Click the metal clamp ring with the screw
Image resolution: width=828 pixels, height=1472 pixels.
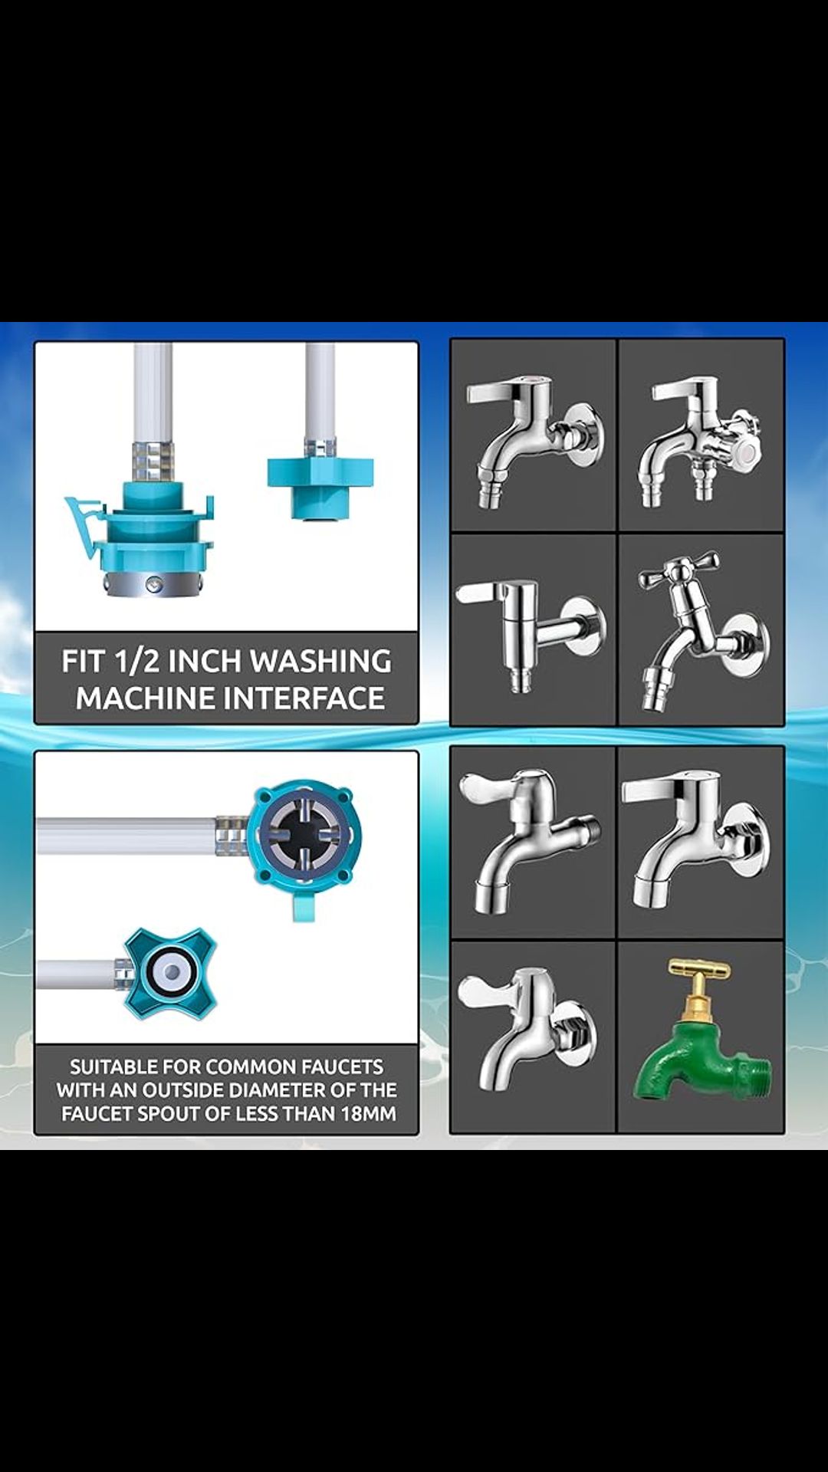tap(153, 584)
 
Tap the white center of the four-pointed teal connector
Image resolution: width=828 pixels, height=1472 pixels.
tap(170, 972)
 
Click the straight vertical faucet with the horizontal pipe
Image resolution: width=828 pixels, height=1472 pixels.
tap(529, 629)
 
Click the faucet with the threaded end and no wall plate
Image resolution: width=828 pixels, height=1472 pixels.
tap(529, 839)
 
